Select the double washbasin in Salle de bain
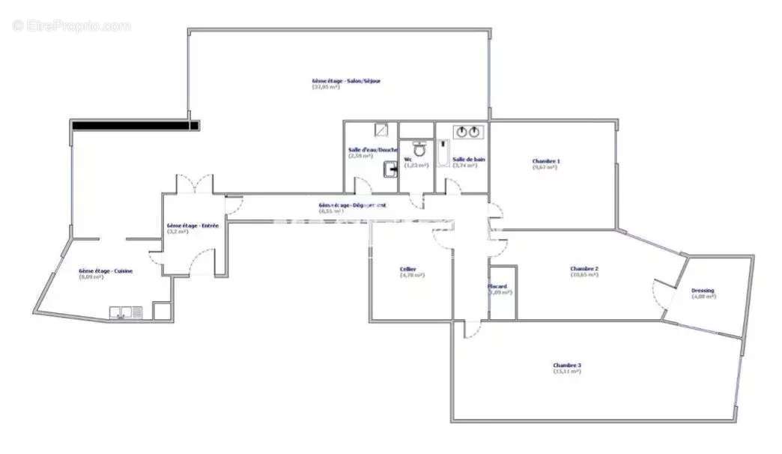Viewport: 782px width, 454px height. pyautogui.click(x=469, y=133)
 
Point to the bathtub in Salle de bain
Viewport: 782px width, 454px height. pyautogui.click(x=442, y=154)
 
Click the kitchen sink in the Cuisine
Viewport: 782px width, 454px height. pyautogui.click(x=126, y=312)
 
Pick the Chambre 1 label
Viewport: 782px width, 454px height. pyautogui.click(x=546, y=161)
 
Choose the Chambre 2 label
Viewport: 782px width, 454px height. pyautogui.click(x=584, y=269)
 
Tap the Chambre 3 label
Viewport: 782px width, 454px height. pyautogui.click(x=567, y=366)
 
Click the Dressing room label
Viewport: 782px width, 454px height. pyautogui.click(x=703, y=291)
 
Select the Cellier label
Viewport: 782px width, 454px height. pyautogui.click(x=408, y=269)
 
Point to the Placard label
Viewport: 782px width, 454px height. pyautogui.click(x=497, y=286)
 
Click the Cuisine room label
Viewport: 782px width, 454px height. pyautogui.click(x=106, y=271)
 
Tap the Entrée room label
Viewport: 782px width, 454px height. pyautogui.click(x=193, y=226)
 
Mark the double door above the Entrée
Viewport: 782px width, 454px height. pyautogui.click(x=195, y=184)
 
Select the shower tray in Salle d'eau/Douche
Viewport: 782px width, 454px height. pyautogui.click(x=381, y=130)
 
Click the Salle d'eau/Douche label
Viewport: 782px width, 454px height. pyautogui.click(x=373, y=150)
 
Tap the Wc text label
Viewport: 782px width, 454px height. pyautogui.click(x=408, y=160)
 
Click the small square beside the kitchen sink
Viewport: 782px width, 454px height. pyautogui.click(x=162, y=311)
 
